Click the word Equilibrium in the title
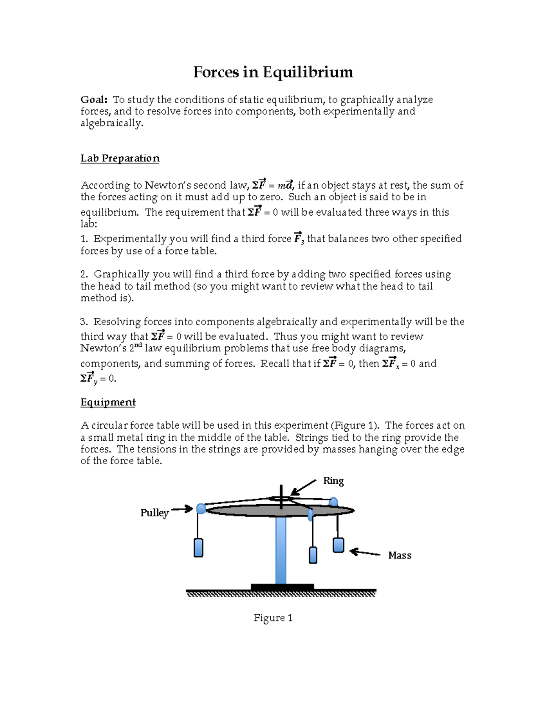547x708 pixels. click(x=308, y=72)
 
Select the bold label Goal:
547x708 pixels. click(x=94, y=100)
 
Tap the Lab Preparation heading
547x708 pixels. click(x=120, y=158)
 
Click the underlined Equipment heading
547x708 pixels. click(x=108, y=402)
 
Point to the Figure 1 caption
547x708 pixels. click(x=273, y=618)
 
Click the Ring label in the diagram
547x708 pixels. click(x=333, y=481)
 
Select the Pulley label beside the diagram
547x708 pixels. click(x=155, y=513)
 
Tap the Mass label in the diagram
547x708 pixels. click(x=400, y=555)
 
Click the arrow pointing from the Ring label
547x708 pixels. click(x=303, y=487)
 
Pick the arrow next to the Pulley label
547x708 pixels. click(x=182, y=509)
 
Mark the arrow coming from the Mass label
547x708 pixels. click(x=365, y=553)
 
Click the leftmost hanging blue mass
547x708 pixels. click(x=198, y=548)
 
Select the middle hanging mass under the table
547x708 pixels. click(x=313, y=555)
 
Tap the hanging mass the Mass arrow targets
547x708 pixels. click(x=338, y=545)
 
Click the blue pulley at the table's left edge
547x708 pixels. click(x=201, y=508)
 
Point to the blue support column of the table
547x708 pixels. click(x=281, y=549)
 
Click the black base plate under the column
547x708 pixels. click(x=282, y=587)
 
